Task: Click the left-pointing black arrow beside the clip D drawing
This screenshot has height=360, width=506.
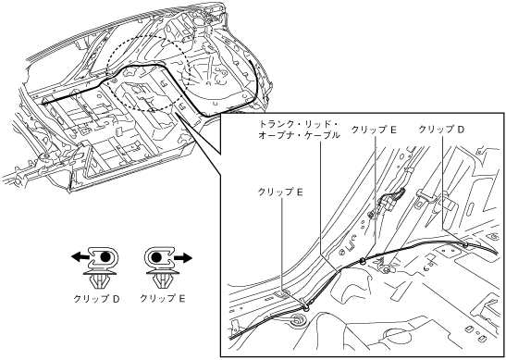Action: tap(80, 257)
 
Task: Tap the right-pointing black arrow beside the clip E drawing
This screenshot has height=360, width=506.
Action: tap(183, 257)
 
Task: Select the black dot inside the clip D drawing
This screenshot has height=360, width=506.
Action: tap(105, 257)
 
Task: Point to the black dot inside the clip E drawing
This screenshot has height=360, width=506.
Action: tap(156, 257)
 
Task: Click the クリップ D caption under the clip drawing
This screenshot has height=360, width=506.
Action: tap(97, 299)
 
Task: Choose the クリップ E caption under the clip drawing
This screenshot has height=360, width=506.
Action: tap(162, 299)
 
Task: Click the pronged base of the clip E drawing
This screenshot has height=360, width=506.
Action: tap(162, 280)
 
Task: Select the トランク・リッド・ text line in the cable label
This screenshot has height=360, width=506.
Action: tap(299, 124)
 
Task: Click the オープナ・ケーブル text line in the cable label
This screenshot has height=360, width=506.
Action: tap(299, 135)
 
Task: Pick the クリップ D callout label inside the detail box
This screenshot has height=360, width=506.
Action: tap(441, 130)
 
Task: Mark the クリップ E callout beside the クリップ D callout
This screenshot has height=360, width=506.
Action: tap(374, 130)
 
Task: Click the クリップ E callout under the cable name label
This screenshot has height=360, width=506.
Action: tap(280, 192)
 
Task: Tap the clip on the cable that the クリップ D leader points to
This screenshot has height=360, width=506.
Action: tap(465, 245)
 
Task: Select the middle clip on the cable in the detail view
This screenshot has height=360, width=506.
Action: tap(363, 260)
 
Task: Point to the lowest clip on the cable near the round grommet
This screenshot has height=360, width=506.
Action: tap(306, 305)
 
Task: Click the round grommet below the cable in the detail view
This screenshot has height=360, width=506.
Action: tap(297, 321)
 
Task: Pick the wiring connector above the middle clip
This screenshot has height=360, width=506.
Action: tap(388, 202)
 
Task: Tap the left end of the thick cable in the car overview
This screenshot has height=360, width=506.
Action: tap(43, 104)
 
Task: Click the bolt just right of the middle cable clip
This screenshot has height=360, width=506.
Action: tap(387, 269)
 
